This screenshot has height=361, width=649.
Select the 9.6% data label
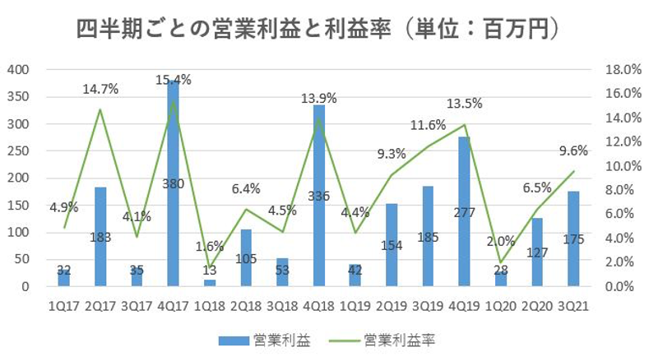(574, 150)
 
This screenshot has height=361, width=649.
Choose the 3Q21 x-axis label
(574, 304)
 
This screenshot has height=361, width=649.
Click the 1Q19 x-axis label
(355, 304)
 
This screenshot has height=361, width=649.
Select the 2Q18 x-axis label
(246, 304)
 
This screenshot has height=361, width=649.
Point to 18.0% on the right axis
(621, 70)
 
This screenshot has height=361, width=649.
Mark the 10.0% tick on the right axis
(621, 166)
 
